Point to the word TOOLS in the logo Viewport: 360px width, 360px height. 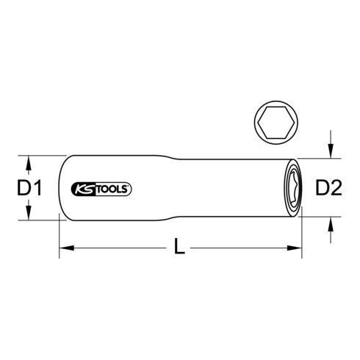(x=113, y=188)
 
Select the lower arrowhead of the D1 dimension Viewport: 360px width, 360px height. (x=29, y=217)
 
